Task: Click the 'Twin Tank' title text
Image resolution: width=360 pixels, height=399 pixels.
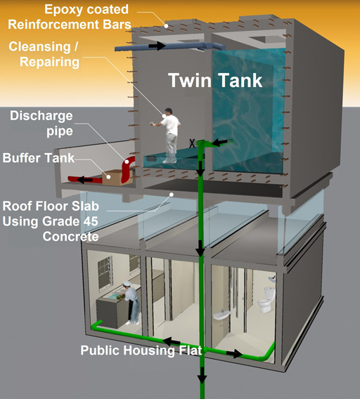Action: pos(215,80)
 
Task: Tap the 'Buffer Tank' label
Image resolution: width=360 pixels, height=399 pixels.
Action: pos(39,158)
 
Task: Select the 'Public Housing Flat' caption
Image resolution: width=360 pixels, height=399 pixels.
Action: pos(141,351)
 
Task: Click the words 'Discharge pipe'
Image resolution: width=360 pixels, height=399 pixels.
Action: pos(41,124)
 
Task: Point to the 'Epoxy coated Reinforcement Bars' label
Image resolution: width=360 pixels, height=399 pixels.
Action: pos(70,17)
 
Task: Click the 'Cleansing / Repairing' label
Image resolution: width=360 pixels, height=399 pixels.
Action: pos(44,54)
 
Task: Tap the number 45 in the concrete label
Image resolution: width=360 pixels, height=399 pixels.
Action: pos(90,221)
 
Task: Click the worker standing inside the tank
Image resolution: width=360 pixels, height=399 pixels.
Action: pos(168,136)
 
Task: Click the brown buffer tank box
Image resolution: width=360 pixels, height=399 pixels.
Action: pos(117,177)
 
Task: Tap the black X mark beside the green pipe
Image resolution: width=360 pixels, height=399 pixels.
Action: pos(192,143)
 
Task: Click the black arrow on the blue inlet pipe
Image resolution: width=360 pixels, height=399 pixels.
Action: pos(157,46)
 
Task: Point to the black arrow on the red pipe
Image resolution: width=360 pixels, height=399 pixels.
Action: pos(84,180)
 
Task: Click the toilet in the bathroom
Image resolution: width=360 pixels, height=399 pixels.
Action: pos(266,300)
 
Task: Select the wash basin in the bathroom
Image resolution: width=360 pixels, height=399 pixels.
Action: pos(221,315)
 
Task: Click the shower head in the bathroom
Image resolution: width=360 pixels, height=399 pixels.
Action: pos(272,279)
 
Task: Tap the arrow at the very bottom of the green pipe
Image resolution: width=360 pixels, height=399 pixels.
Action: pos(202,375)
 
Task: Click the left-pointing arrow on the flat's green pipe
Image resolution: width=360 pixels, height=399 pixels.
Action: pos(171,341)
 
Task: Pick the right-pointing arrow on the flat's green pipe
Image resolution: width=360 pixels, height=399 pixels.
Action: pos(234,353)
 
